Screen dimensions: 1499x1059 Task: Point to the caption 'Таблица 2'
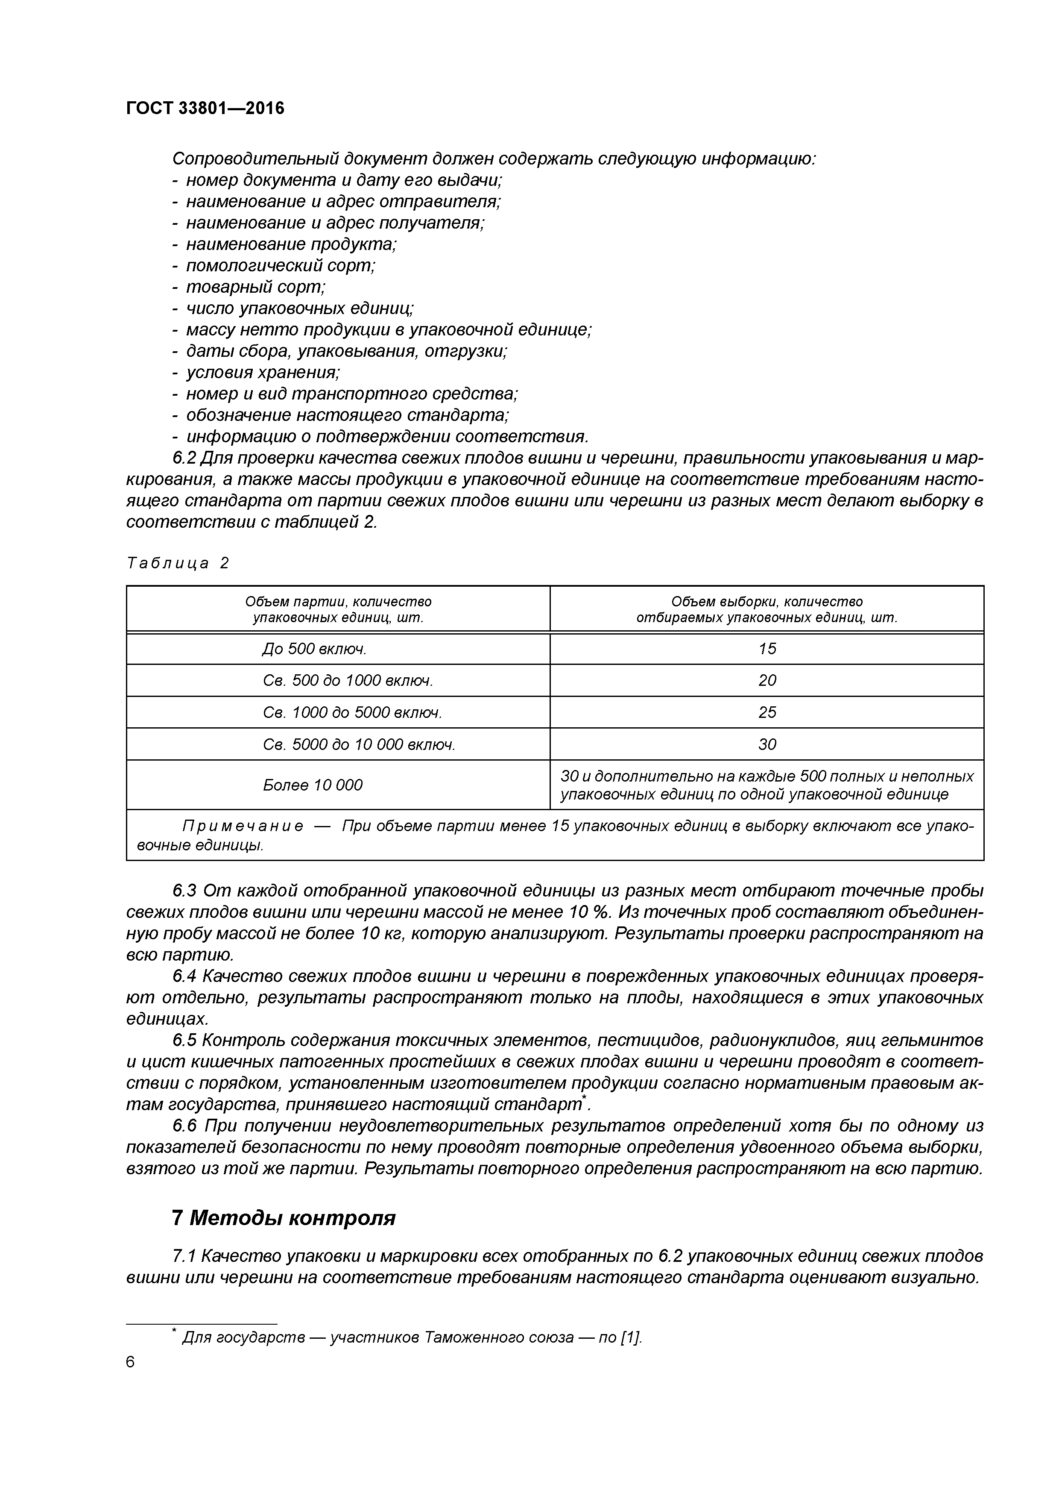click(178, 563)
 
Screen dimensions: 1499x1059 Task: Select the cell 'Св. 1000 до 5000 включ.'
click(352, 712)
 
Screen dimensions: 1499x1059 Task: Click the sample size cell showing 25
click(767, 712)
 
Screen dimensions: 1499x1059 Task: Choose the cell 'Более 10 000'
click(313, 785)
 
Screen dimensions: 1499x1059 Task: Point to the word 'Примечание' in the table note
click(243, 826)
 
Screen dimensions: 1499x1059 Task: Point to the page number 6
click(131, 1362)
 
